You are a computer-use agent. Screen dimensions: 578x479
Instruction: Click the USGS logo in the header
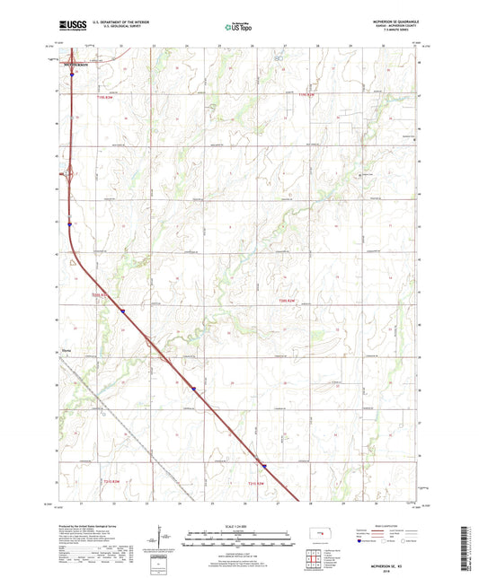66,28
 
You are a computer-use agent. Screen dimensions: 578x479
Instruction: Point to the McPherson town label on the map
76,65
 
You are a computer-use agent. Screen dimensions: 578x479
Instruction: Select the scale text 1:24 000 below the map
238,526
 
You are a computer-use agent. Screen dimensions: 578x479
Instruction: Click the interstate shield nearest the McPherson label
72,76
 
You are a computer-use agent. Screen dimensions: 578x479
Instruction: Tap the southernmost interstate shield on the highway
264,466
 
